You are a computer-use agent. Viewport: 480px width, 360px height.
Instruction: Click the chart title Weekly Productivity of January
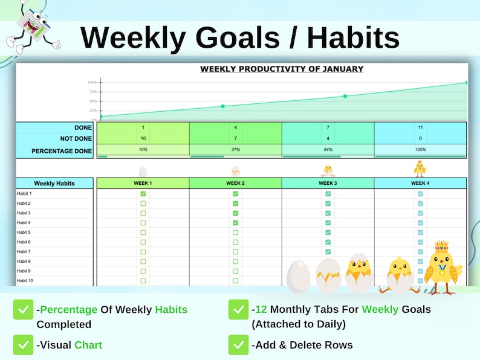(x=282, y=69)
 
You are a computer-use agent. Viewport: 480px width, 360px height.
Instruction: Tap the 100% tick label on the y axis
(x=92, y=82)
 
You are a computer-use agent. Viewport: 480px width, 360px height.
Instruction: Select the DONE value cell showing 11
(x=420, y=127)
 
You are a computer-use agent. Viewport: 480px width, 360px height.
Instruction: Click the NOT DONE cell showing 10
(x=143, y=138)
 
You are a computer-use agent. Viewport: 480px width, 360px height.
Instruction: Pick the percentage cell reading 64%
(x=328, y=149)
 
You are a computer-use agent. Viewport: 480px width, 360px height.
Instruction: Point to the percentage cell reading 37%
(x=235, y=149)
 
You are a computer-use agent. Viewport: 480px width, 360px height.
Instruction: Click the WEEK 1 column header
(x=143, y=183)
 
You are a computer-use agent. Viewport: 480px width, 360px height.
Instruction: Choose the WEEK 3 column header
(x=328, y=183)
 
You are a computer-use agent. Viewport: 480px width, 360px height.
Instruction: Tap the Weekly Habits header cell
(x=54, y=183)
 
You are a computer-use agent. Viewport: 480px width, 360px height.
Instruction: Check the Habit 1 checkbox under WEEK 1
(x=143, y=194)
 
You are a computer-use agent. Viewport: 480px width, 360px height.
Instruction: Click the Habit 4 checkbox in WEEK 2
(x=235, y=223)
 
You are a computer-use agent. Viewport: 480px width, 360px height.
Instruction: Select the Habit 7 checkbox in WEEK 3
(x=328, y=252)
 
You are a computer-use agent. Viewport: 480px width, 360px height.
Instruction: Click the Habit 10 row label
(x=25, y=281)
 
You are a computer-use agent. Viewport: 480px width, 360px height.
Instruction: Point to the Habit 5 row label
(x=24, y=233)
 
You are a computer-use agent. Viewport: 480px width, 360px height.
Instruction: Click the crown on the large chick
(x=442, y=246)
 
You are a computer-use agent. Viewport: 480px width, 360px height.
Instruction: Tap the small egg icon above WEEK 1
(x=143, y=172)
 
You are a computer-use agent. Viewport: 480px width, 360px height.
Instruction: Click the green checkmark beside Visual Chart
(x=23, y=345)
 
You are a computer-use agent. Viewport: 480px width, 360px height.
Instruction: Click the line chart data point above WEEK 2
(x=222, y=106)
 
